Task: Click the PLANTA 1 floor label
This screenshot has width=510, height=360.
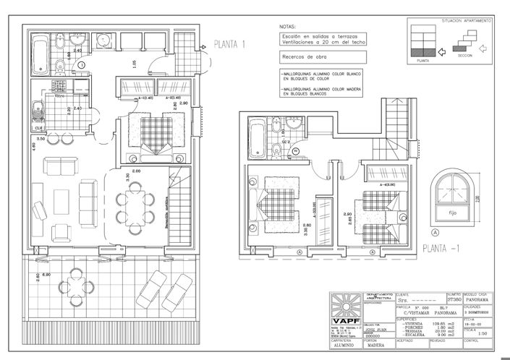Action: (231, 44)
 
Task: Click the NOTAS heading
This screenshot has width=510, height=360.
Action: (287, 26)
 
